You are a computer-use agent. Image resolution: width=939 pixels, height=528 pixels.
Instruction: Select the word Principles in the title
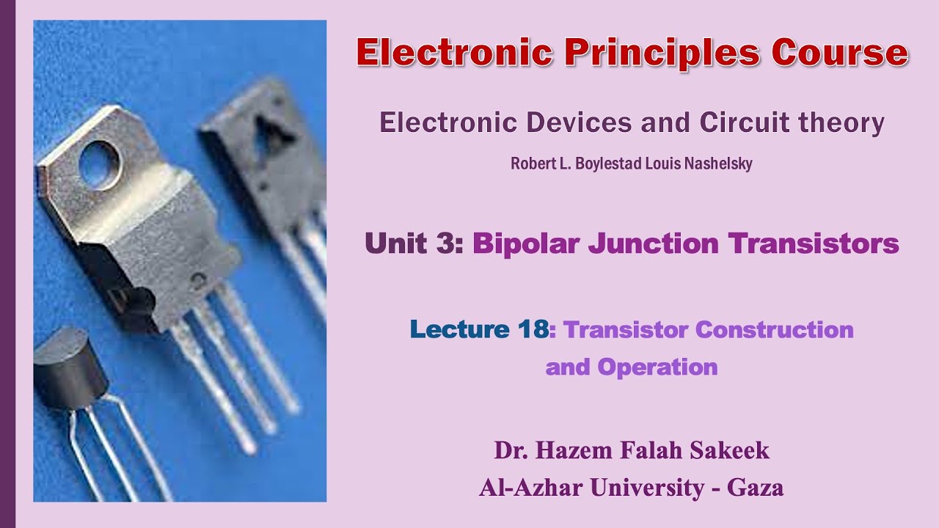point(657,53)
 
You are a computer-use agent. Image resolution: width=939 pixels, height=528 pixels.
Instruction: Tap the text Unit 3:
point(414,243)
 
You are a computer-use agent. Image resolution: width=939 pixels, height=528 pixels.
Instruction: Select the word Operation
point(657,367)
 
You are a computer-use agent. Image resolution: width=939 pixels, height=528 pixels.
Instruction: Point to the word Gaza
point(755,488)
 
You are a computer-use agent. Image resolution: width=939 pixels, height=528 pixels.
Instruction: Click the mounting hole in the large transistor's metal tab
point(98,163)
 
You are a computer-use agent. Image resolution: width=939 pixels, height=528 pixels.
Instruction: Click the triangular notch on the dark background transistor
point(274,132)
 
